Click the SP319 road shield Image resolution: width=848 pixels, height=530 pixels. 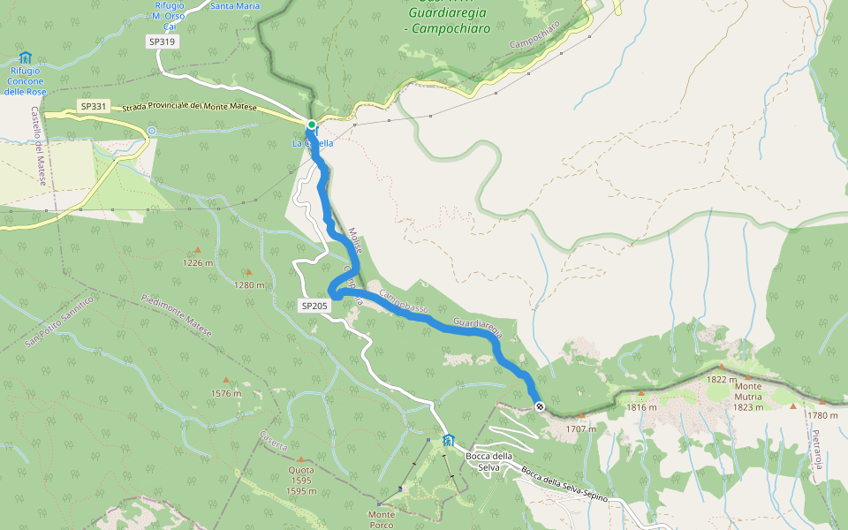162,41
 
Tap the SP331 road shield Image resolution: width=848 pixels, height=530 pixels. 93,106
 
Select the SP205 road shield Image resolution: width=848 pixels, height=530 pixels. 314,306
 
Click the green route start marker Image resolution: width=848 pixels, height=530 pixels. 312,125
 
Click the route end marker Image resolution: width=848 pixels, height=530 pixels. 539,406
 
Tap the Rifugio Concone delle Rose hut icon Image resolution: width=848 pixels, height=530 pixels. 25,57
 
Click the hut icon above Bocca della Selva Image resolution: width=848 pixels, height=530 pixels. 448,440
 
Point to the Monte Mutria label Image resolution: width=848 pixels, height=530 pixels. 747,391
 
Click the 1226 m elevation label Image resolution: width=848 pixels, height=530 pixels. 198,263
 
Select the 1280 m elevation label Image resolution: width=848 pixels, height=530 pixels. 249,285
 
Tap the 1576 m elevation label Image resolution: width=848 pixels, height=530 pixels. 225,394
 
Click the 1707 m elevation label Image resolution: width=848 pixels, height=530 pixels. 581,429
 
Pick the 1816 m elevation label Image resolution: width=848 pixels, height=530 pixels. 642,407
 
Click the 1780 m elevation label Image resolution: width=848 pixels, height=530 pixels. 821,415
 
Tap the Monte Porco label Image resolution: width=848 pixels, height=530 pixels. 382,519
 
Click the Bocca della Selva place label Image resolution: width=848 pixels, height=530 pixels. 488,461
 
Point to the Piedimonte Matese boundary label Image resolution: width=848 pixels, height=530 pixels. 176,315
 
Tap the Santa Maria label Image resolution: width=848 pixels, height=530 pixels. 235,6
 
